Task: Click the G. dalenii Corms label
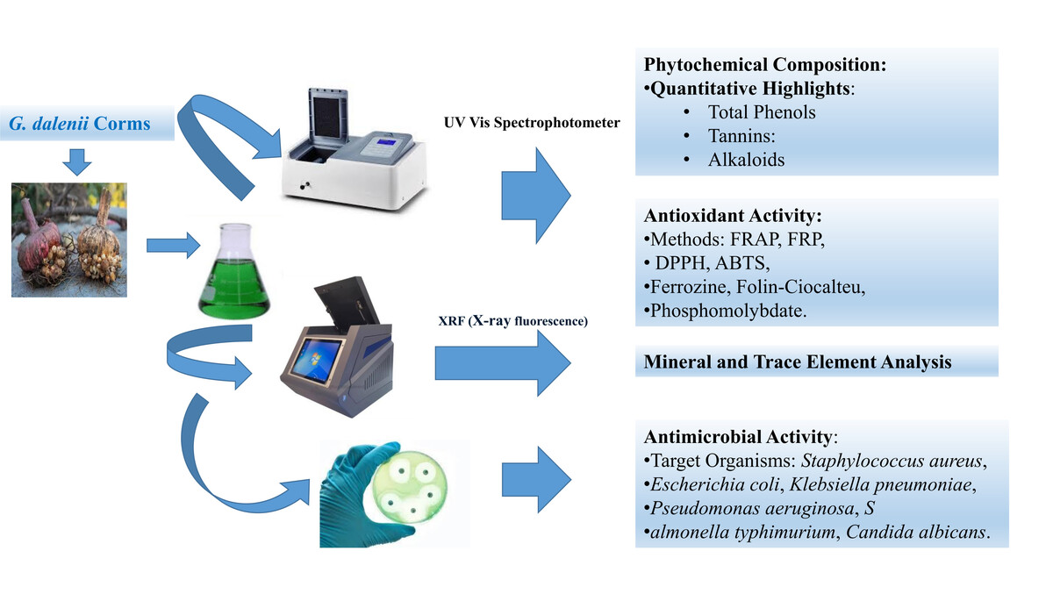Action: click(x=80, y=124)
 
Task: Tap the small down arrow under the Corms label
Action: click(x=77, y=162)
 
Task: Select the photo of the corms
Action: click(x=69, y=240)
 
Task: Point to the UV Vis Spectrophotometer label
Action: click(x=532, y=123)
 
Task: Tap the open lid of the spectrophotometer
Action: click(x=328, y=115)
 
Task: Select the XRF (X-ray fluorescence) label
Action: click(x=512, y=321)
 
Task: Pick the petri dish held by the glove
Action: click(x=410, y=487)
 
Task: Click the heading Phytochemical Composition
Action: click(x=765, y=64)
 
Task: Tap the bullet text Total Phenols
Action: click(x=762, y=112)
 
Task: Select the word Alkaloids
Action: click(x=746, y=160)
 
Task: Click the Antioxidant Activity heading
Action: click(x=733, y=216)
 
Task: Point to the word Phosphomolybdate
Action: click(x=727, y=311)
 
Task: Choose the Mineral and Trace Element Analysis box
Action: click(x=817, y=361)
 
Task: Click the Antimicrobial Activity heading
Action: click(x=741, y=437)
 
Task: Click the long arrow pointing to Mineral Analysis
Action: click(x=503, y=362)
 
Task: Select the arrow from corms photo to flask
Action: click(x=174, y=246)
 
